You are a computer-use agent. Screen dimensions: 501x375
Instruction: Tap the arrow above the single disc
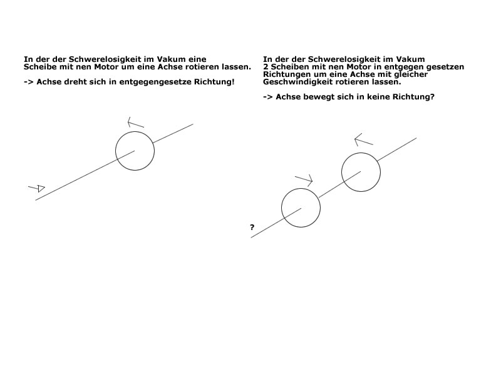tap(136, 122)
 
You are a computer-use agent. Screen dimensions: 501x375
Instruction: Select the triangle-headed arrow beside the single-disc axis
tap(37, 188)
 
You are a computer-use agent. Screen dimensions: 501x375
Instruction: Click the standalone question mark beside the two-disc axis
tap(252, 227)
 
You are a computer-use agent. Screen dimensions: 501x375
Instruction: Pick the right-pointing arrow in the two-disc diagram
tap(304, 181)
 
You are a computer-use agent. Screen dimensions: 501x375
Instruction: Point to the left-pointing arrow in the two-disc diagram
tap(364, 140)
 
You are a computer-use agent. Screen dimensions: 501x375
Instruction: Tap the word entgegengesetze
tap(155, 82)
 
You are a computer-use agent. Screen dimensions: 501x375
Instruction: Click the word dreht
tap(75, 82)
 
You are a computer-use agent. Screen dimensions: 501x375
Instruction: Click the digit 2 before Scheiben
tap(266, 67)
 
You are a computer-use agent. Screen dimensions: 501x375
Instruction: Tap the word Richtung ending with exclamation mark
tap(214, 82)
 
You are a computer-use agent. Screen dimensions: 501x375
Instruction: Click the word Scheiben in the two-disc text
tap(287, 67)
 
